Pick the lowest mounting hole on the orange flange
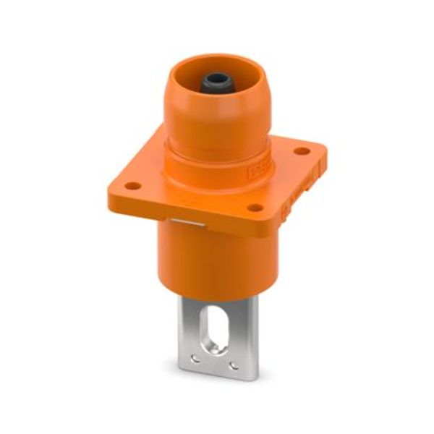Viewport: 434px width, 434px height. click(255, 208)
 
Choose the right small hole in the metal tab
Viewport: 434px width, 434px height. click(234, 365)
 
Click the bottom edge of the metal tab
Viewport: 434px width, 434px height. click(217, 375)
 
